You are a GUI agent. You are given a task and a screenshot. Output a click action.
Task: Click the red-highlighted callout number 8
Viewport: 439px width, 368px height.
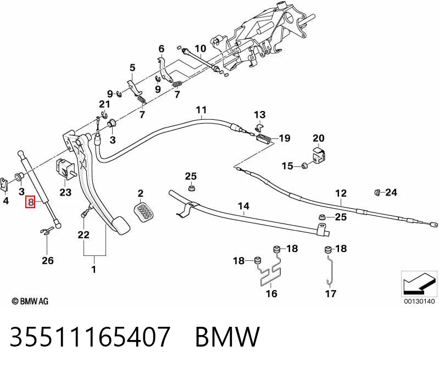click(x=30, y=202)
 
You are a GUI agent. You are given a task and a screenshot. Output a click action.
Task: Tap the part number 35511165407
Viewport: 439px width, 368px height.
click(x=90, y=336)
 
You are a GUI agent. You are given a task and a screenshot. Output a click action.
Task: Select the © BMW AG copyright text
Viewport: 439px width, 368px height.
click(x=30, y=301)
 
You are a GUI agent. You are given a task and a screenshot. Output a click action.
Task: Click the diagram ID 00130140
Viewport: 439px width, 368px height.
click(x=419, y=302)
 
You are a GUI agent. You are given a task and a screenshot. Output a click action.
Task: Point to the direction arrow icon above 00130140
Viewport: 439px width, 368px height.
click(x=419, y=284)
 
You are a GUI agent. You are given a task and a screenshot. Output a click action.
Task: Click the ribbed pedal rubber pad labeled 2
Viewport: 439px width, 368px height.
click(x=144, y=212)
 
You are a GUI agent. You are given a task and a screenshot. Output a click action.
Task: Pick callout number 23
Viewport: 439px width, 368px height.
click(x=65, y=192)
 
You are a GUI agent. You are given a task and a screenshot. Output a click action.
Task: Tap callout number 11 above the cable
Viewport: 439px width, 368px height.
click(x=201, y=110)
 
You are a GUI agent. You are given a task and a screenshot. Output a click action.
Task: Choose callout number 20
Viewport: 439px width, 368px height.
click(x=318, y=138)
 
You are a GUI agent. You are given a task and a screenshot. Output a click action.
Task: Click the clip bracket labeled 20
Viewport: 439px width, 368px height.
click(x=318, y=155)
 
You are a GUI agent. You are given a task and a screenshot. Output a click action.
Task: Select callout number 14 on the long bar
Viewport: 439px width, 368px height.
click(x=243, y=207)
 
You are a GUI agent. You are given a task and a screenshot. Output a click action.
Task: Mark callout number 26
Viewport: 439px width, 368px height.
click(x=48, y=260)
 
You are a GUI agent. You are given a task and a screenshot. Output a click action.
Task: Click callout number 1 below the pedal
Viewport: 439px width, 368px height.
click(x=94, y=270)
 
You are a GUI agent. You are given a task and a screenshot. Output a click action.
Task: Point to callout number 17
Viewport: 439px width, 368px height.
click(x=330, y=293)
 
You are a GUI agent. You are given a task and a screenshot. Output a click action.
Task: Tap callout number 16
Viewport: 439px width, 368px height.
click(x=271, y=293)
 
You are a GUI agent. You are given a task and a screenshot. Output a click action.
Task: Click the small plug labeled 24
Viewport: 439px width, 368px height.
click(x=377, y=192)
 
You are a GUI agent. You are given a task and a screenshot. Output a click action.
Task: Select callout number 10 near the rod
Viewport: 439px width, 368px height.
click(x=201, y=49)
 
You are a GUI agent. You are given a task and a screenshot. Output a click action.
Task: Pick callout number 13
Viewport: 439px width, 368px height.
click(x=259, y=115)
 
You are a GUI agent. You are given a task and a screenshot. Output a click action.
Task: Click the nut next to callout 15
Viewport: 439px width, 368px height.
click(x=304, y=165)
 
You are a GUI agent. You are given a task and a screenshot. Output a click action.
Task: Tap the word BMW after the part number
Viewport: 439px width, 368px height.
click(x=227, y=336)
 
